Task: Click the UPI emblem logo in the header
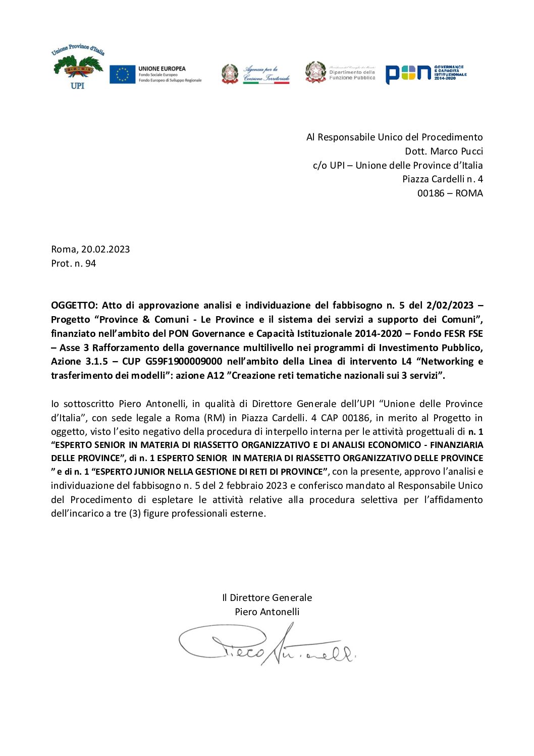pos(77,68)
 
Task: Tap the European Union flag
pos(122,74)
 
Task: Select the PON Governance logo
pos(425,74)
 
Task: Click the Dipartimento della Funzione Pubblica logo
pos(340,72)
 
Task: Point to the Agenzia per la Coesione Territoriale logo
pos(255,74)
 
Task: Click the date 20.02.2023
pos(105,249)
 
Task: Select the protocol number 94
pos(91,263)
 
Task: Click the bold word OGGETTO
pos(74,305)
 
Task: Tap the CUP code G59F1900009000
pos(183,361)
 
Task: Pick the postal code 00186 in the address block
pos(431,193)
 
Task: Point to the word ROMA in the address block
pos(469,193)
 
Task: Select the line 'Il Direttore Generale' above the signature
pos(267,597)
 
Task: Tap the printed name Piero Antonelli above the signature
pos(267,612)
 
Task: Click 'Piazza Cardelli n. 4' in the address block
pos(442,179)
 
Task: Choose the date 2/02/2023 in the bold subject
pos(450,305)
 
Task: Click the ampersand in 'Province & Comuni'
pos(146,319)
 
